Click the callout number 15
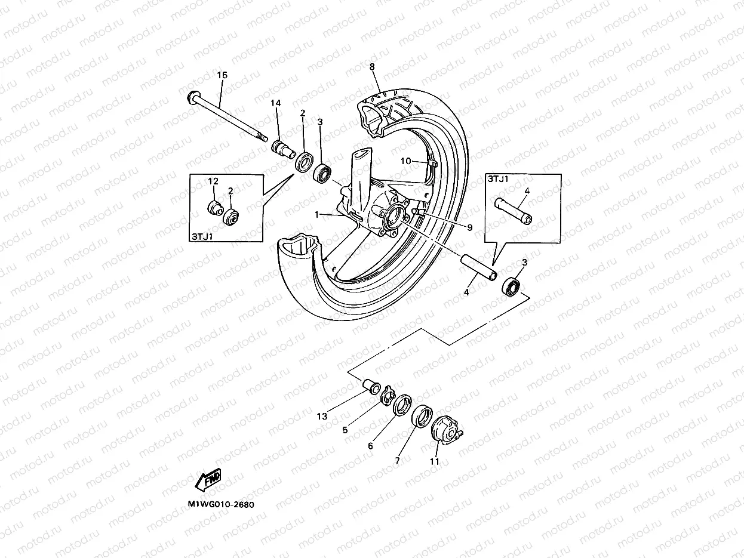(x=222, y=75)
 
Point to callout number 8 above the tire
(x=372, y=67)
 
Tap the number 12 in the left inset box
(x=214, y=181)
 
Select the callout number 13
(x=322, y=417)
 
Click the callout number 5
(x=345, y=429)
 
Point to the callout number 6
(x=370, y=446)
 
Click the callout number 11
(x=434, y=461)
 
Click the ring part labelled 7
(x=423, y=416)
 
